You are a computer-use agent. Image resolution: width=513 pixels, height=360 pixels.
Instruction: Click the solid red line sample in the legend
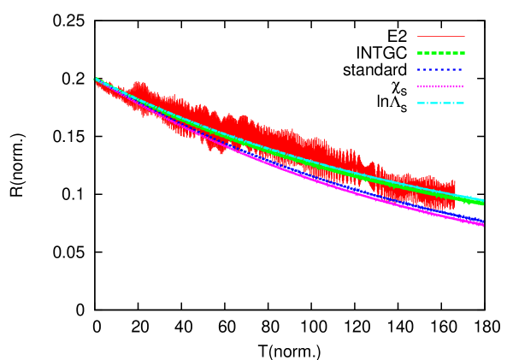[x=440, y=37]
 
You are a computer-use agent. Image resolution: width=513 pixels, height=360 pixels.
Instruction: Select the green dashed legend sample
[x=440, y=53]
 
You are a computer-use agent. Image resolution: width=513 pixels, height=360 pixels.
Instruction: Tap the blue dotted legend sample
[x=440, y=70]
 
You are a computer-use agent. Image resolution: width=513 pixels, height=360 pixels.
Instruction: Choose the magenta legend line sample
[x=440, y=86]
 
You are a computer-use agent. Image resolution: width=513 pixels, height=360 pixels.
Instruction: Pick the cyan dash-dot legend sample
[x=440, y=103]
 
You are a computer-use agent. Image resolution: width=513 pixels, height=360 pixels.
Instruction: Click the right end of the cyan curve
[x=483, y=200]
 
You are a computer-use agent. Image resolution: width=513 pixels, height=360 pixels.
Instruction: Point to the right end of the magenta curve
[x=483, y=225]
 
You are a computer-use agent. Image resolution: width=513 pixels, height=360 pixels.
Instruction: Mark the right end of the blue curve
[x=483, y=221]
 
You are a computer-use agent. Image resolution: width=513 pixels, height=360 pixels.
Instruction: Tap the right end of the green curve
[x=483, y=204]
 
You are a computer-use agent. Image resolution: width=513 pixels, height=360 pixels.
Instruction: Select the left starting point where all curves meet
[x=96, y=79]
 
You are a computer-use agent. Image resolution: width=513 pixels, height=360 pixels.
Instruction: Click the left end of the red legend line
[x=418, y=37]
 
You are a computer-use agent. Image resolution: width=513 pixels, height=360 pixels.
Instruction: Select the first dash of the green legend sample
[x=420, y=53]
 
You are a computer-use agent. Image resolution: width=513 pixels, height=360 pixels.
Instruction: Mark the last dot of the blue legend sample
[x=460, y=70]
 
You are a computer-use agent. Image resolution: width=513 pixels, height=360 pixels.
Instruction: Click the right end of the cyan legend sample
[x=463, y=103]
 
